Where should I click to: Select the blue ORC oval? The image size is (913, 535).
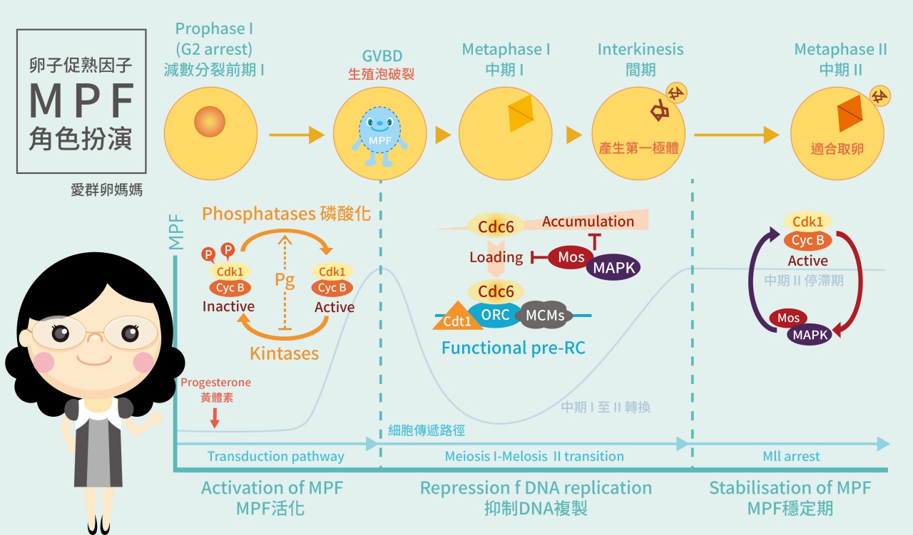click(496, 314)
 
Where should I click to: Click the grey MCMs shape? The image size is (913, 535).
click(545, 315)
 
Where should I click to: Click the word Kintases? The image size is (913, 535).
click(284, 353)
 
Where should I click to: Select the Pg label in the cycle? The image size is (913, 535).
click(285, 279)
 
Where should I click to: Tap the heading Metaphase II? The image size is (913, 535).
click(840, 50)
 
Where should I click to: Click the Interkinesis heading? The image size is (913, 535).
click(640, 50)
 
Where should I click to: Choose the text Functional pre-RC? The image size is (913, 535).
click(513, 348)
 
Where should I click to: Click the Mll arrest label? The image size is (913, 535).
click(791, 457)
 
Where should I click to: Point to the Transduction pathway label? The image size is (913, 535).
click(275, 457)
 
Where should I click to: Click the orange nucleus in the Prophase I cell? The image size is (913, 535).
click(210, 121)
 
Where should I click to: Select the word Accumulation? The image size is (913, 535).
click(588, 222)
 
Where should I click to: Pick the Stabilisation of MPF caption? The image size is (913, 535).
click(790, 488)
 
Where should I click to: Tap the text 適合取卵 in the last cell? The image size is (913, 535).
click(836, 150)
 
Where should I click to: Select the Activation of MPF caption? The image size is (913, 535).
click(272, 488)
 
